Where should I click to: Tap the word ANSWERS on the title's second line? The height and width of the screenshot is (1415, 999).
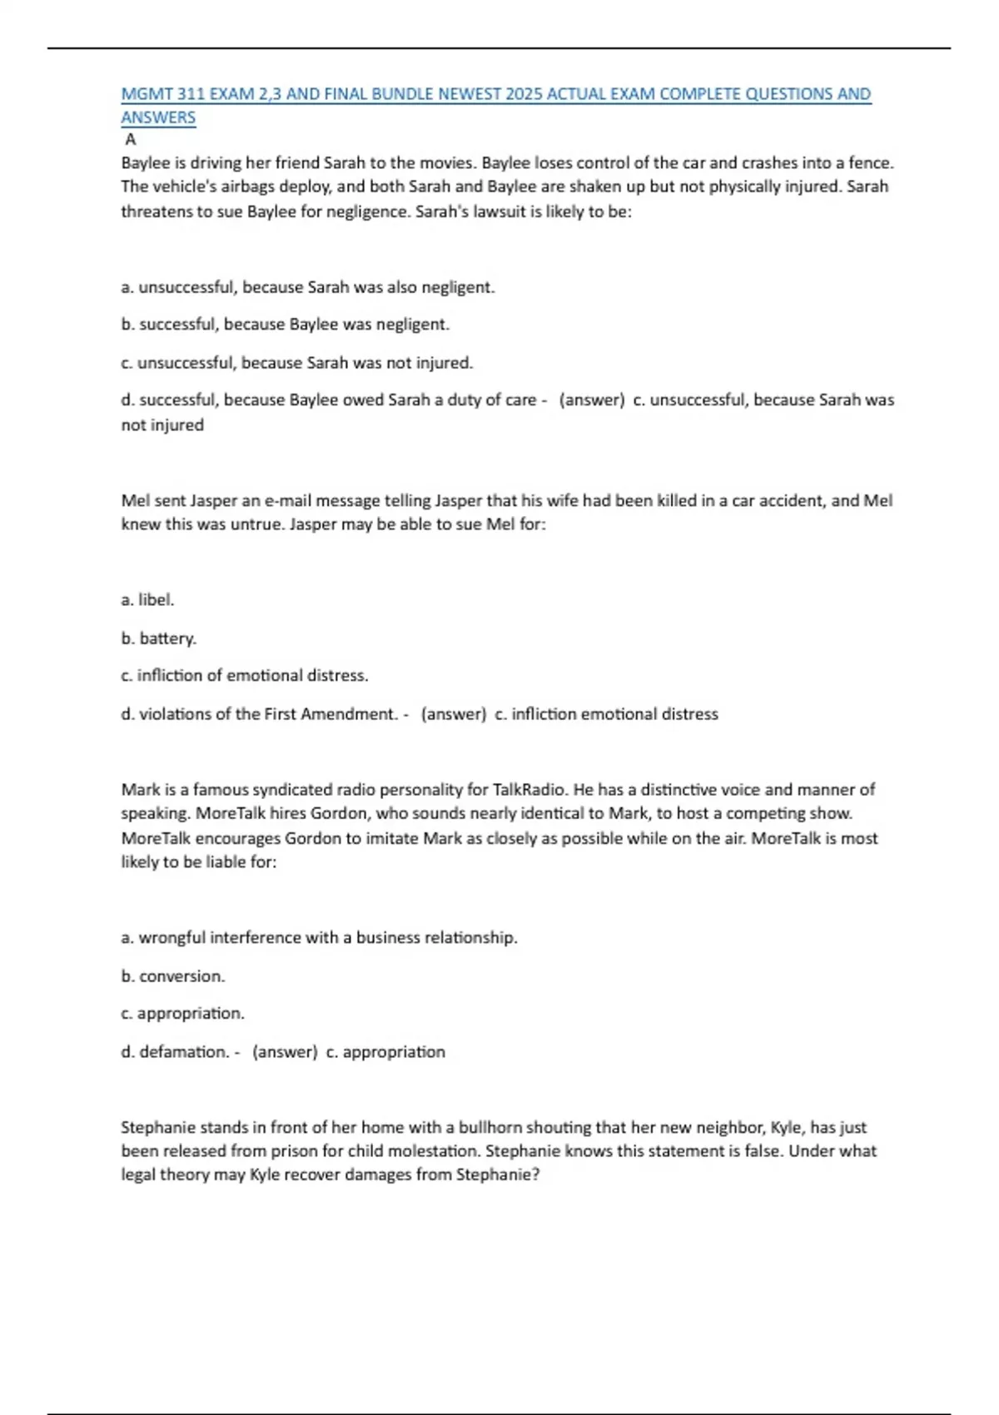tap(158, 117)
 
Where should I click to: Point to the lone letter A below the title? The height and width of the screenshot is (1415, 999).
tap(131, 140)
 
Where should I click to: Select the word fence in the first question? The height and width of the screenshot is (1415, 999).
tap(869, 163)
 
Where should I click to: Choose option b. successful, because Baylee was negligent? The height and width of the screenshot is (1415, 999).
tap(285, 325)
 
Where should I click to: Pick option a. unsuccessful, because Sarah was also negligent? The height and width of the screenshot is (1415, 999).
tap(307, 287)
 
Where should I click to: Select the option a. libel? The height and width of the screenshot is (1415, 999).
tap(147, 600)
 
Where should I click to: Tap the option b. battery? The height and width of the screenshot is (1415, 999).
tap(158, 638)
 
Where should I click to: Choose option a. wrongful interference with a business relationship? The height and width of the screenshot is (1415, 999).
tap(319, 938)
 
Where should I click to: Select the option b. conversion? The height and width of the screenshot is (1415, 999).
tap(173, 976)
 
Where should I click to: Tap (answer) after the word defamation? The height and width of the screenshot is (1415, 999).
tap(285, 1052)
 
